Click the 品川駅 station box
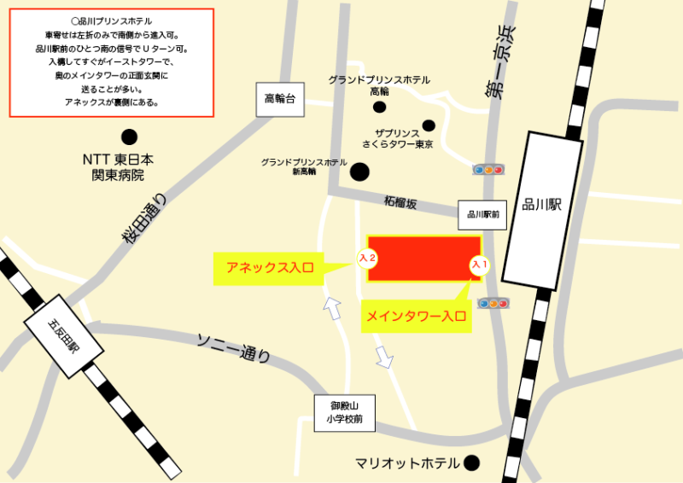pyautogui.click(x=542, y=210)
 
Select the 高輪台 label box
pyautogui.click(x=279, y=100)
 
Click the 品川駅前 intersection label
pyautogui.click(x=482, y=215)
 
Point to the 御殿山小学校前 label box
pyautogui.click(x=344, y=412)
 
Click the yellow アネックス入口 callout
pyautogui.click(x=270, y=267)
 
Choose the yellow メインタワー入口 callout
pyautogui.click(x=417, y=317)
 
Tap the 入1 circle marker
pyautogui.click(x=480, y=265)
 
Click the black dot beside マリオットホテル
pyautogui.click(x=470, y=463)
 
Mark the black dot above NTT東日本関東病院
pyautogui.click(x=129, y=137)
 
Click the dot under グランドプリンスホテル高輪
pyautogui.click(x=379, y=108)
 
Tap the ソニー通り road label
pyautogui.click(x=234, y=346)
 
